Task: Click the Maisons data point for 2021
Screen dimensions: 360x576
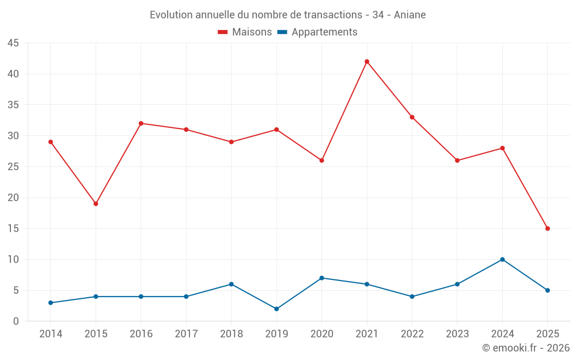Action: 367,62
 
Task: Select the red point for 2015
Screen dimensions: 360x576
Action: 96,204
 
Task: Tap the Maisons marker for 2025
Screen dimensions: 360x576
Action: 548,229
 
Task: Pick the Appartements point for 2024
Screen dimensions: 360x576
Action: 502,259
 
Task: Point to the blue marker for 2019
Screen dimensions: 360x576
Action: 276,309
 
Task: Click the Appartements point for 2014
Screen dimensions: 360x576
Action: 51,303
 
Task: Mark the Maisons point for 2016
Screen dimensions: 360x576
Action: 141,123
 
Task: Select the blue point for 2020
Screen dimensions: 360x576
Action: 321,278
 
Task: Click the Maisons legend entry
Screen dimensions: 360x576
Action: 245,32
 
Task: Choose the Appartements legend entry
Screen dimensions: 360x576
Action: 317,32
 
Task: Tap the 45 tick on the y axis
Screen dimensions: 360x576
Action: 13,43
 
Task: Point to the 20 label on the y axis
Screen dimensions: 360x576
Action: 13,198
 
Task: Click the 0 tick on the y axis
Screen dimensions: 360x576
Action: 16,321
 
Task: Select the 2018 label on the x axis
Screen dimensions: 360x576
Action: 231,334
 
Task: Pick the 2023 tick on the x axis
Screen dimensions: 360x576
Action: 457,334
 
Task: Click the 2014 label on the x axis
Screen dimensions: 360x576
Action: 51,334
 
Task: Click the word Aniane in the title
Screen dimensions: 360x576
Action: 410,15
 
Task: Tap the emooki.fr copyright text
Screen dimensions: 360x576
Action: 526,348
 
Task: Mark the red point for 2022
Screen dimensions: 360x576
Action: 412,118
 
